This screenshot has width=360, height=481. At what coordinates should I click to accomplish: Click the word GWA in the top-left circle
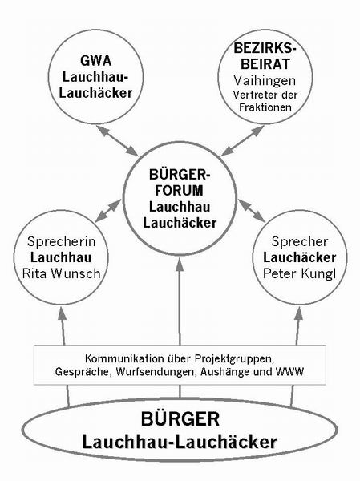click(x=95, y=60)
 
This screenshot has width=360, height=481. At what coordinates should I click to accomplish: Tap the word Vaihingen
click(x=265, y=81)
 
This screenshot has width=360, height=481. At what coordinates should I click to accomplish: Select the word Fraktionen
click(x=265, y=107)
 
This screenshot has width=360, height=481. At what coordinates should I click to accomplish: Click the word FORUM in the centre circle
click(x=179, y=191)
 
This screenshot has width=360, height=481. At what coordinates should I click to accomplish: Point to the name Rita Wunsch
click(x=62, y=273)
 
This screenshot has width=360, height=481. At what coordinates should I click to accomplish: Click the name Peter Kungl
click(x=300, y=273)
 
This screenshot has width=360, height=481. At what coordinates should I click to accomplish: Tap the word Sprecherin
click(x=62, y=241)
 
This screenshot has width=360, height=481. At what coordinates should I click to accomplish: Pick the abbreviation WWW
click(x=289, y=372)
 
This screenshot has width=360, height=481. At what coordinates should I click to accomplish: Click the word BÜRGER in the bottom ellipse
click(x=180, y=418)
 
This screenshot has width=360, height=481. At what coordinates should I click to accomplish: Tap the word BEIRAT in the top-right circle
click(x=265, y=64)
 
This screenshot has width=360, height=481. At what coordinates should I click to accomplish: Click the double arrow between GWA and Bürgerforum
click(x=117, y=139)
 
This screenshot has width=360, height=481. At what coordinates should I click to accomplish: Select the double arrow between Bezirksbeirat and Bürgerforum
click(x=242, y=140)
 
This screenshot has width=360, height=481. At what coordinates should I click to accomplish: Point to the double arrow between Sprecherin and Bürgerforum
click(x=108, y=211)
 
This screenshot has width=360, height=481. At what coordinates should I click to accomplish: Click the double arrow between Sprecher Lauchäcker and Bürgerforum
click(x=251, y=210)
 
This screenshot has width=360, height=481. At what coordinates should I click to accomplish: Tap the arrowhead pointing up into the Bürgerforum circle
click(x=180, y=265)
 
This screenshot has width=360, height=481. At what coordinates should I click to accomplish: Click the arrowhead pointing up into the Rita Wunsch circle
click(x=62, y=313)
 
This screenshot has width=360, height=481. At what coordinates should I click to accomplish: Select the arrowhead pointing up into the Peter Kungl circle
click(x=299, y=313)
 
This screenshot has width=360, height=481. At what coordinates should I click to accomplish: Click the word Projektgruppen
click(x=233, y=358)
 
